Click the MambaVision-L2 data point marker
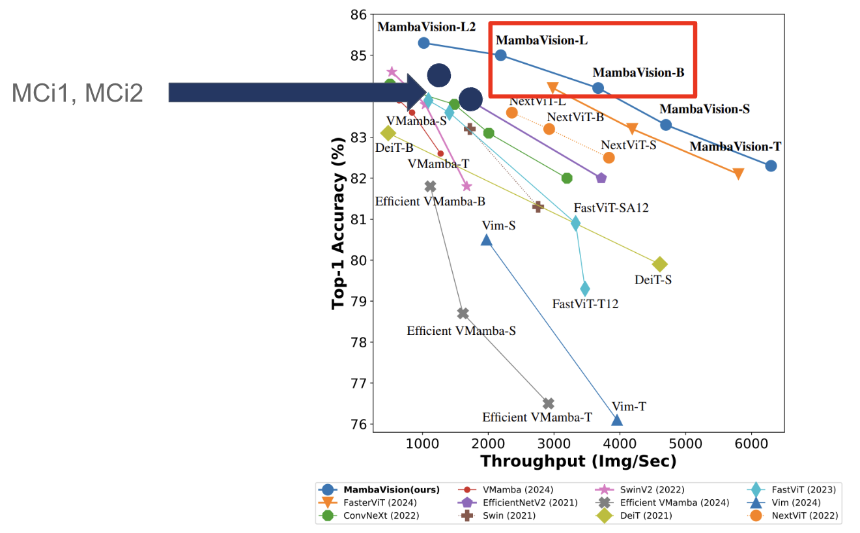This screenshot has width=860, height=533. [x=423, y=43]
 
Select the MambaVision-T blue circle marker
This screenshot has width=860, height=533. [x=771, y=166]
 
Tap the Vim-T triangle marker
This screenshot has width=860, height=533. [x=616, y=420]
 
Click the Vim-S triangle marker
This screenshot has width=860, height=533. [x=487, y=240]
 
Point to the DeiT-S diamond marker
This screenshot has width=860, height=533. [x=659, y=264]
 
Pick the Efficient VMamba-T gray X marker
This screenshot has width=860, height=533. [x=549, y=403]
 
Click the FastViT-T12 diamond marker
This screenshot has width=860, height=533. [x=584, y=289]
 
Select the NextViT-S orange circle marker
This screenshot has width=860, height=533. [x=609, y=158]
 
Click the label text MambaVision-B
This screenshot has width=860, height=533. [x=638, y=72]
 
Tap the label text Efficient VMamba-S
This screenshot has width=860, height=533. [x=461, y=330]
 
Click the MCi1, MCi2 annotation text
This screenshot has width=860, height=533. [x=77, y=93]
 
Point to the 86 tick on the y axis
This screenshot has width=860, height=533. [x=358, y=14]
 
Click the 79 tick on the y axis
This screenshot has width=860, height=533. [x=358, y=301]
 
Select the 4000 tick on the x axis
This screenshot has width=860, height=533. [x=620, y=444]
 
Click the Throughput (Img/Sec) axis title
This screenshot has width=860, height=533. [x=579, y=461]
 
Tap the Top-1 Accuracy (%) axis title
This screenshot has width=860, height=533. [x=338, y=223]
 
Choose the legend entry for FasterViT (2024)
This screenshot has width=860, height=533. [x=368, y=502]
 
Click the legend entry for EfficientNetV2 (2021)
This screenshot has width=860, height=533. [x=518, y=502]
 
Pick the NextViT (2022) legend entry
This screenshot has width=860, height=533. [x=793, y=515]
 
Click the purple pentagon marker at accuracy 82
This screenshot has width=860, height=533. [x=601, y=178]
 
